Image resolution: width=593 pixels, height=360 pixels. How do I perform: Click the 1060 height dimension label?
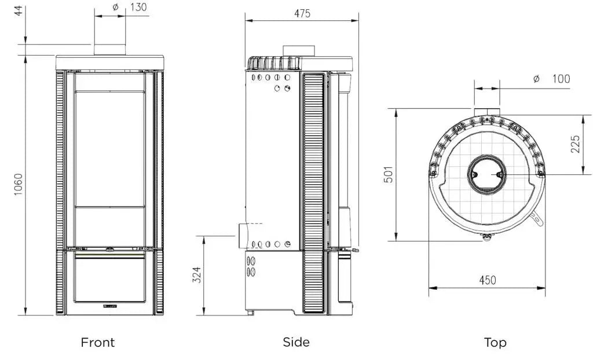coord(18,185)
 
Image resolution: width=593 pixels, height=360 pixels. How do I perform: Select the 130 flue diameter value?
coord(138,7)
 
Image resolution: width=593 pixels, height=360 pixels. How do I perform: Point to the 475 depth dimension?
coord(302,14)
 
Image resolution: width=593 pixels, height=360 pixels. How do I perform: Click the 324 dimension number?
coord(197,275)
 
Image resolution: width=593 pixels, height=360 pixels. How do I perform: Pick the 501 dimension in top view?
coord(389,174)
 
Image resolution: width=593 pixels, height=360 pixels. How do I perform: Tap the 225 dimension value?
coord(575,144)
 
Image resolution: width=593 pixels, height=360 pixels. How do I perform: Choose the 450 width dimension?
coord(487,280)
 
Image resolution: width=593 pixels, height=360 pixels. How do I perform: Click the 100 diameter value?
coord(561,79)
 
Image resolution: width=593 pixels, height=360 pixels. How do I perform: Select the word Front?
coord(97,342)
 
